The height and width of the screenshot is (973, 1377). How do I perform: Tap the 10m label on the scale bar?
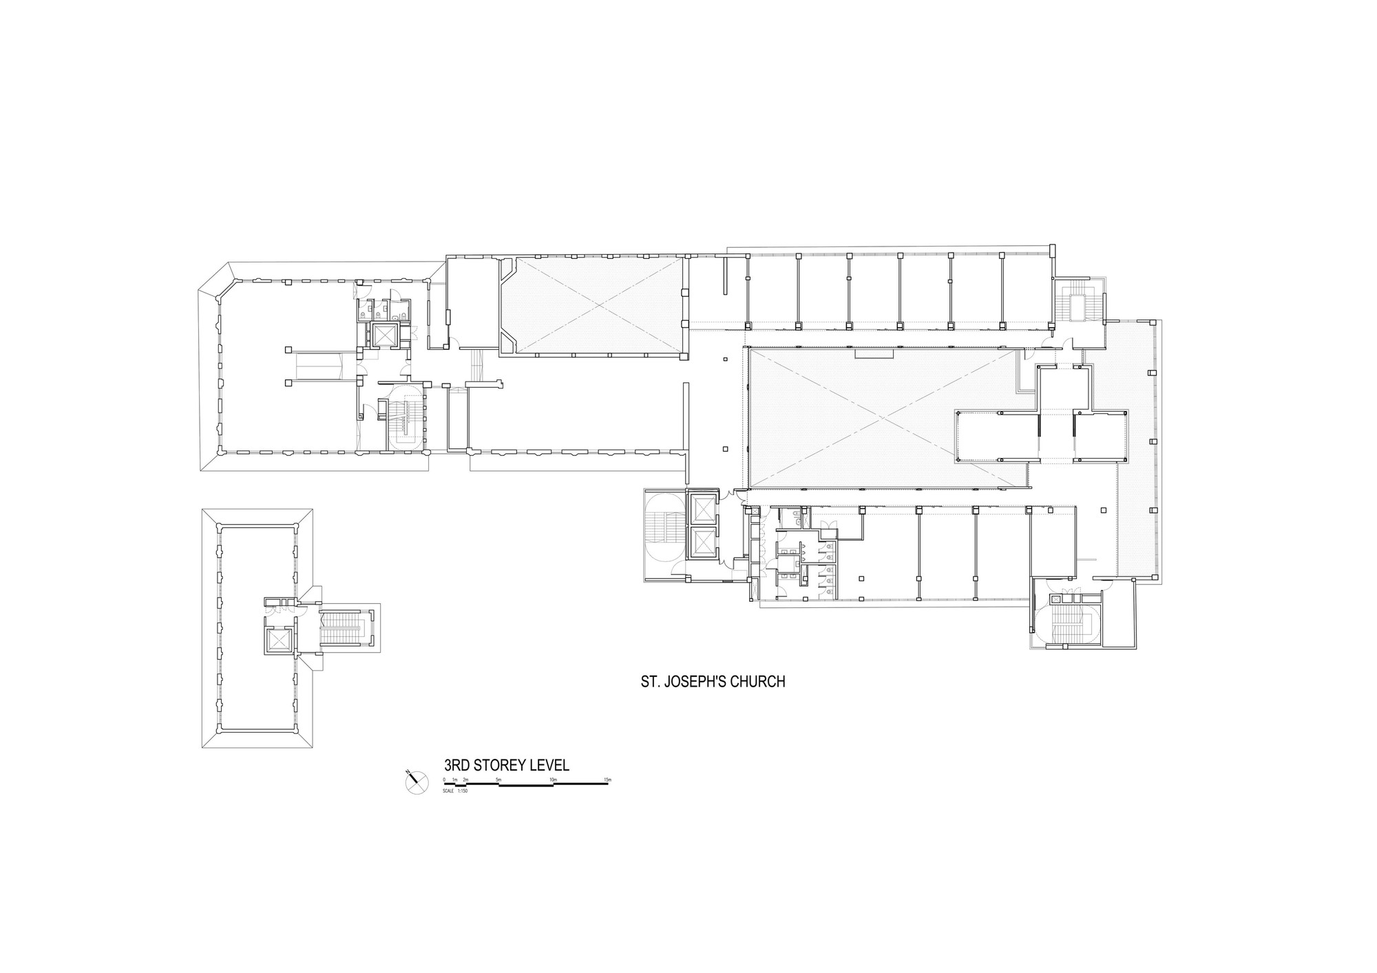[x=552, y=780]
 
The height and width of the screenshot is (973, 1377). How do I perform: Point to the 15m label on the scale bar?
[x=607, y=780]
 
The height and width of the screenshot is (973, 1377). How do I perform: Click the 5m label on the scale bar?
[x=498, y=780]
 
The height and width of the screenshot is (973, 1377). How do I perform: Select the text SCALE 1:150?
[x=456, y=791]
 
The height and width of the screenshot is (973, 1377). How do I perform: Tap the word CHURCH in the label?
[x=758, y=682]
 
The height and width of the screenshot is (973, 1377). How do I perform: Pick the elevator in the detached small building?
[x=279, y=640]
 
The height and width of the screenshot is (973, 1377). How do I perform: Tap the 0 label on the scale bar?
[x=445, y=780]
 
